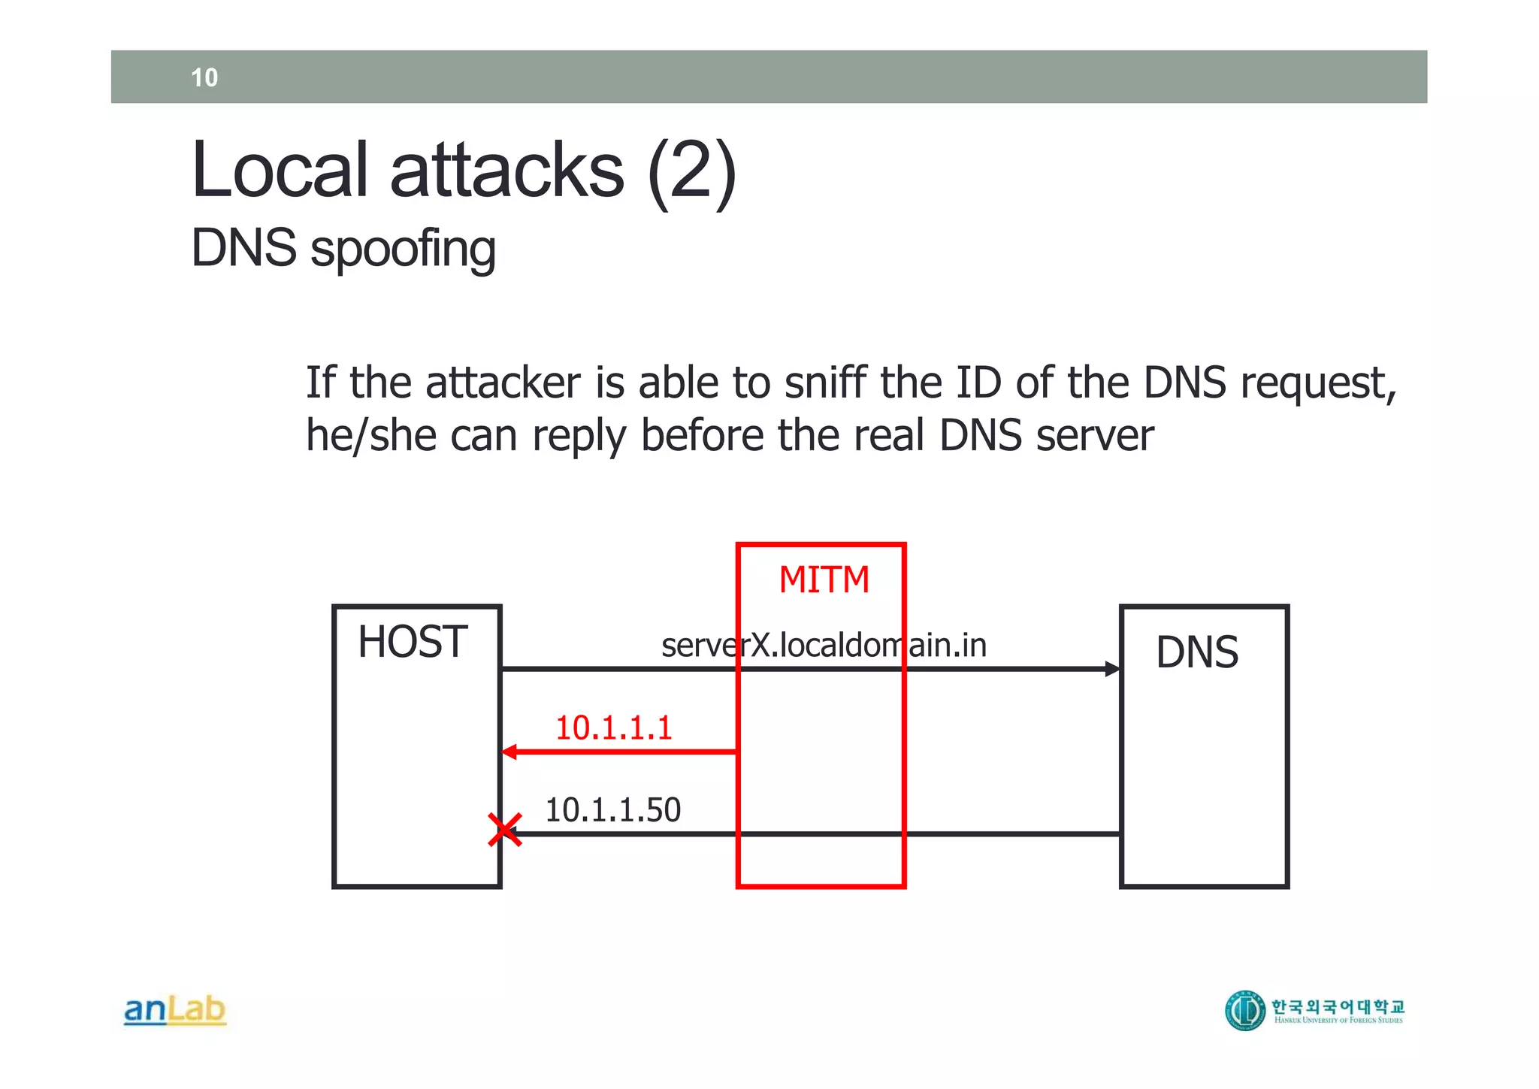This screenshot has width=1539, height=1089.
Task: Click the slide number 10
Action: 204,77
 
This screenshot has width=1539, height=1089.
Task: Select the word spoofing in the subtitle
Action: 403,249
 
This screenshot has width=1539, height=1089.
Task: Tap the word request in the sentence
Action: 1317,384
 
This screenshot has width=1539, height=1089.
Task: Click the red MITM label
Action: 824,580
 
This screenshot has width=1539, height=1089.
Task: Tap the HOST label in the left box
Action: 413,642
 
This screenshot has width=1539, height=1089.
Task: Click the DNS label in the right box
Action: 1196,652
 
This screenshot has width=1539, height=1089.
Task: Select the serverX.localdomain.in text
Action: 824,646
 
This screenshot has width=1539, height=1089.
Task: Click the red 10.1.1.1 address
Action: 613,728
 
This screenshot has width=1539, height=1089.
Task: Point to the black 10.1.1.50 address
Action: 612,810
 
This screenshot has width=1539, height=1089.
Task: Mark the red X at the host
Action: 504,830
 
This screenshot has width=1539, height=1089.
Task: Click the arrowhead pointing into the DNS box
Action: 1112,668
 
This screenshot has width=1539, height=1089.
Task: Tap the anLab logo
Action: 174,1010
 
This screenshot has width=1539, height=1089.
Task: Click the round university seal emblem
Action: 1245,1011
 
